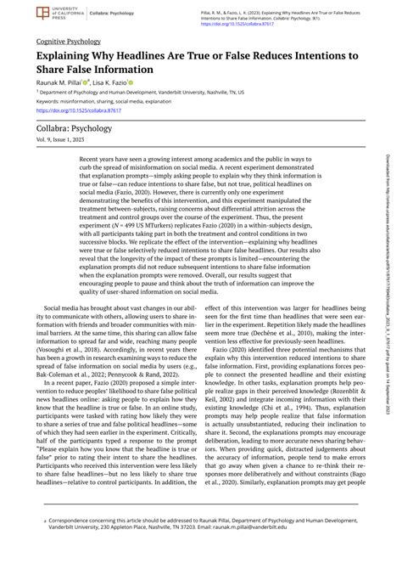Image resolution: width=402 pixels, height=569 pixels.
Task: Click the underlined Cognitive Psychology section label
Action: click(x=69, y=41)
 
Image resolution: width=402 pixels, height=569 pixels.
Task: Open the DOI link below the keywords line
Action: click(x=75, y=110)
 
